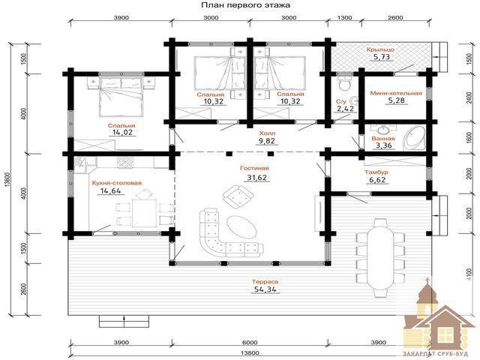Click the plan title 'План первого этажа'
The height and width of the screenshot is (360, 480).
click(x=245, y=5)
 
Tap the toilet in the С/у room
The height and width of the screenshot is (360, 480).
click(x=345, y=82)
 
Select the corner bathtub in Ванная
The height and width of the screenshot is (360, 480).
click(x=414, y=139)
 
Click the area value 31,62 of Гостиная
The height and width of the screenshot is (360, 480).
click(x=256, y=177)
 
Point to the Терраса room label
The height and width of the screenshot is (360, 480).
click(x=265, y=282)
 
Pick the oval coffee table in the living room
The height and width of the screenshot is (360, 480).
click(x=241, y=227)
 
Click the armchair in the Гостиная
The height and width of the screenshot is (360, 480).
click(x=238, y=196)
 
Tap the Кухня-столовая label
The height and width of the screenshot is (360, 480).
click(x=117, y=183)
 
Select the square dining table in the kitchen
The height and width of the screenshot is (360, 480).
click(x=144, y=213)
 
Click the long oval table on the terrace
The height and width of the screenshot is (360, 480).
click(x=378, y=257)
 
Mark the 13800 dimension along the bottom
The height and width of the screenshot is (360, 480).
click(x=250, y=353)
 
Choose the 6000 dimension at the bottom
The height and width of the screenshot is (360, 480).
click(x=250, y=342)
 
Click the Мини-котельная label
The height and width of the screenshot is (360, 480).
click(x=396, y=93)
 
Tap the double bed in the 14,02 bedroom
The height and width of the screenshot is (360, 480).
click(x=121, y=97)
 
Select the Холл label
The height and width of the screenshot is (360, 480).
click(x=267, y=133)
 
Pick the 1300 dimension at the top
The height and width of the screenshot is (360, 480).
click(x=344, y=18)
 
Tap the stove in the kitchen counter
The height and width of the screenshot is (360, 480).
click(x=126, y=163)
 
